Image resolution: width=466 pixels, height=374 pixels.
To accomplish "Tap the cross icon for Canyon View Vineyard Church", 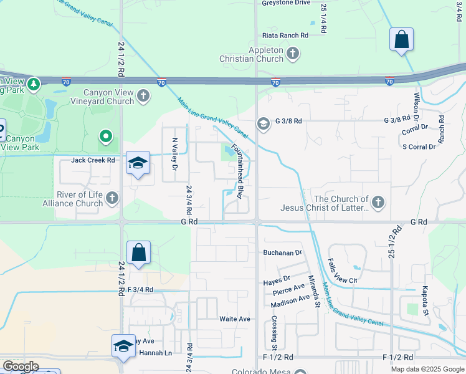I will click(144, 96).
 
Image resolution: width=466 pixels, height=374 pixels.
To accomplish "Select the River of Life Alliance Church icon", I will click(112, 198).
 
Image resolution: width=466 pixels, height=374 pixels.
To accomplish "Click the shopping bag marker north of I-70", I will click(402, 40).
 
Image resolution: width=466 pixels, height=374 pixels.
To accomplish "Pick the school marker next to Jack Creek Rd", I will click(138, 163).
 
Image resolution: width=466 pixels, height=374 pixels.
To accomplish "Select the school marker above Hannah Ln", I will click(123, 346).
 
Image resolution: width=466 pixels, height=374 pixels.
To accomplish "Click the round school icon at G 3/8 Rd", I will click(264, 123).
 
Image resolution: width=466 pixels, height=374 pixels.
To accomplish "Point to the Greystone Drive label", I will click(286, 3).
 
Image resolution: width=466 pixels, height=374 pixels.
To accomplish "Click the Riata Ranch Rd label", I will click(285, 36).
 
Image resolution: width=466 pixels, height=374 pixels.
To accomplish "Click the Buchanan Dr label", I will click(282, 253).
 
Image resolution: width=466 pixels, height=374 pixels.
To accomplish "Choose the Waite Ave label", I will click(234, 319).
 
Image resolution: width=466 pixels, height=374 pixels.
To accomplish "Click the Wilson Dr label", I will click(416, 107).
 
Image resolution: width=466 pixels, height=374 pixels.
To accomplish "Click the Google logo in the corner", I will click(21, 367).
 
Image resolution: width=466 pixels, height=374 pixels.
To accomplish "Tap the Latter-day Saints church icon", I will click(378, 202).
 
